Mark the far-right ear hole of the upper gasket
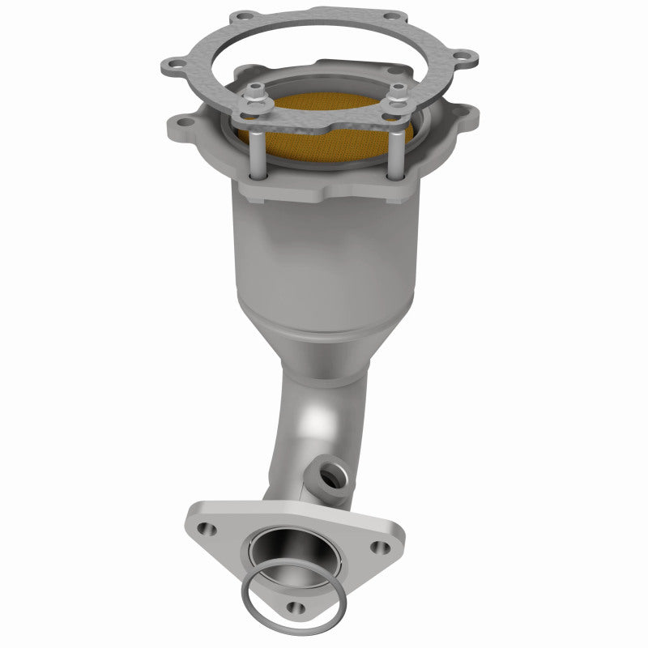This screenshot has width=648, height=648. point(465,57)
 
